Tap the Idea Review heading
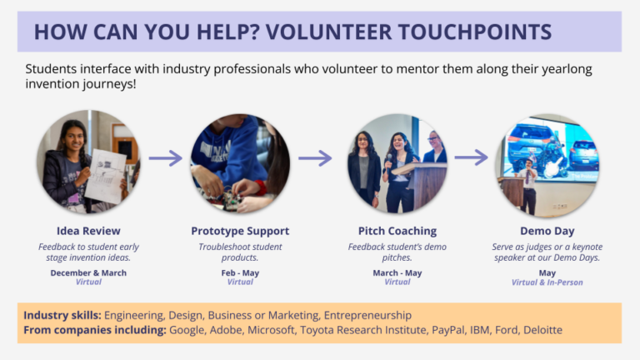pyautogui.click(x=88, y=231)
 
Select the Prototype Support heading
pyautogui.click(x=240, y=231)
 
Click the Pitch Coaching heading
pyautogui.click(x=397, y=231)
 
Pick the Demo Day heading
pyautogui.click(x=547, y=231)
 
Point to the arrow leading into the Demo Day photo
pyautogui.click(x=471, y=157)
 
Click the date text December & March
pyautogui.click(x=88, y=272)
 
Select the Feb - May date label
pyautogui.click(x=240, y=272)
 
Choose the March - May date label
pyautogui.click(x=397, y=272)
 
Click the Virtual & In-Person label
pyautogui.click(x=547, y=282)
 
